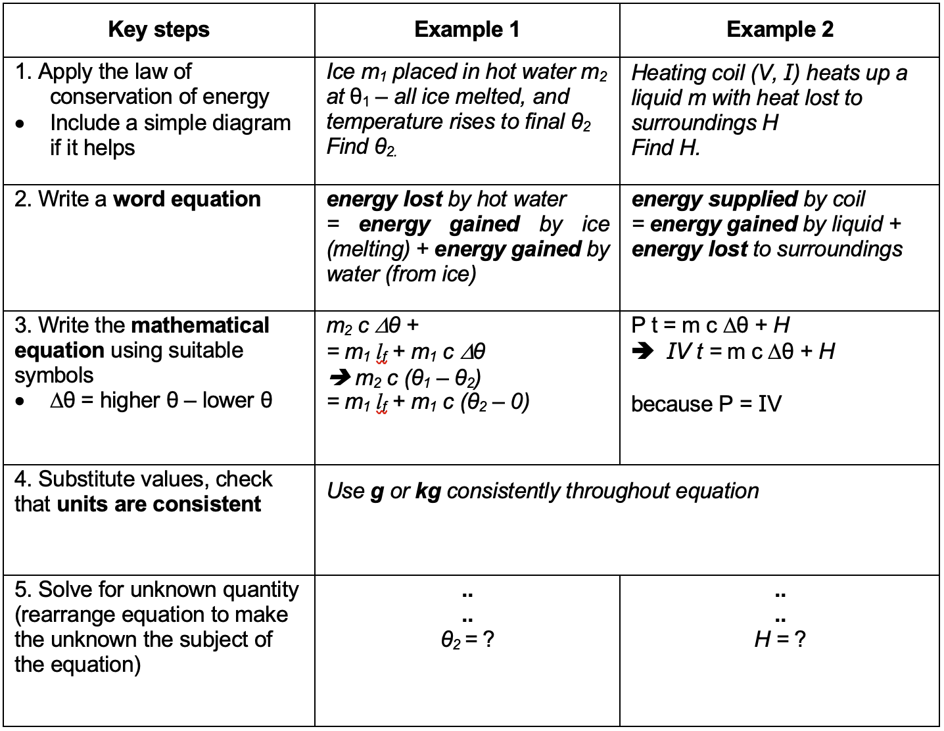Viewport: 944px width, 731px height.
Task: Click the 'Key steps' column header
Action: coord(158,30)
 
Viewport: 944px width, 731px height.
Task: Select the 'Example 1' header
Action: coord(467,30)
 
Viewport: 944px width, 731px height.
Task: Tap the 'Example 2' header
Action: coord(780,30)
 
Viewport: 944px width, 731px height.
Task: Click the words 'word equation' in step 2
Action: coord(187,199)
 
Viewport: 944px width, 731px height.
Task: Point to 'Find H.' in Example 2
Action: coord(665,148)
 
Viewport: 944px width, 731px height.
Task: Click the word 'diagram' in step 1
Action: coord(253,123)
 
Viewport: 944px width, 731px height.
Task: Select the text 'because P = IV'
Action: coord(706,404)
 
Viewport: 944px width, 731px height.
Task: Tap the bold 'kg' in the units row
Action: coord(428,491)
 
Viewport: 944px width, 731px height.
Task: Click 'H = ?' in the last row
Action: coord(780,639)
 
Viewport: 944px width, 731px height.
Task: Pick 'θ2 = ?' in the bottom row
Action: coord(467,640)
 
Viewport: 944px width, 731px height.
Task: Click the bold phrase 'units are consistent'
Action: coord(158,504)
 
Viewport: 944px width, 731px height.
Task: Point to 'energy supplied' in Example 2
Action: coord(715,199)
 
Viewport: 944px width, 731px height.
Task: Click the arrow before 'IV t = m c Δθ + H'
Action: coord(642,352)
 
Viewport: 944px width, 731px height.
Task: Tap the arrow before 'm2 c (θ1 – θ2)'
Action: coord(339,377)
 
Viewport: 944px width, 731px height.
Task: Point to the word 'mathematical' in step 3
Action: coord(201,325)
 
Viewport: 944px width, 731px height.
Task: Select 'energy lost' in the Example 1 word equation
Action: coord(384,199)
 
